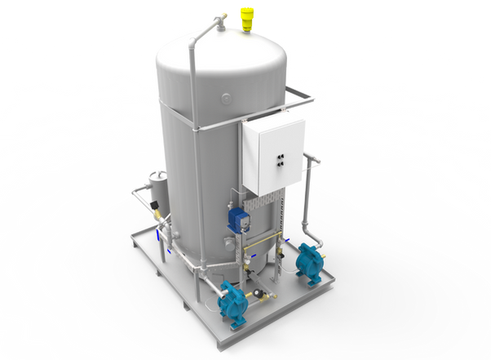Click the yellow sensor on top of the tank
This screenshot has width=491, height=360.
click(245, 18)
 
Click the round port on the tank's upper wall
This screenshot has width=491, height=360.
click(224, 96)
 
